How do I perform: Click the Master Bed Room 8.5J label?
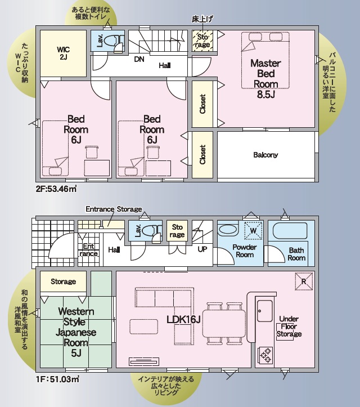click(x=265, y=79)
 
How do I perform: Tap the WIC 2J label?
click(x=64, y=53)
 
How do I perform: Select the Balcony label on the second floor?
click(x=265, y=155)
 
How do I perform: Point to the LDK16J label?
click(x=183, y=320)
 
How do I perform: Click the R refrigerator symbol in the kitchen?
click(x=304, y=281)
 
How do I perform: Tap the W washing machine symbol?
click(x=253, y=231)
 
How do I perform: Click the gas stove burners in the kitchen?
click(x=266, y=355)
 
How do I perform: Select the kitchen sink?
click(x=264, y=311)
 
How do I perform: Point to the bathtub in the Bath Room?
click(x=290, y=231)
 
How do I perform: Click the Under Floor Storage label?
click(x=289, y=327)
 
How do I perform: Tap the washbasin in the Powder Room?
click(x=227, y=230)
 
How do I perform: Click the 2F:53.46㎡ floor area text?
click(x=56, y=189)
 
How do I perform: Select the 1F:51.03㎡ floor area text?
click(x=57, y=379)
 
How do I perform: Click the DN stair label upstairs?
click(x=139, y=60)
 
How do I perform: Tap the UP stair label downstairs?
click(x=202, y=249)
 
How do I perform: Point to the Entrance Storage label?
click(x=114, y=209)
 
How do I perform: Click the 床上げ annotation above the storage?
click(x=202, y=19)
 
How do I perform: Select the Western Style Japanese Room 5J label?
click(x=76, y=332)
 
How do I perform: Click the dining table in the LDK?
click(x=224, y=323)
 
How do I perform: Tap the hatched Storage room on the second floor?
click(x=202, y=41)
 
